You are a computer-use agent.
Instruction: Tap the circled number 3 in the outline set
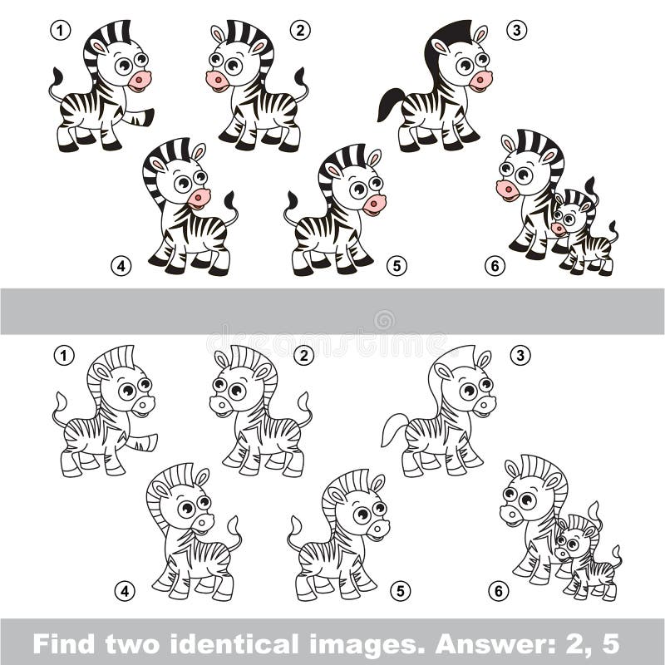[x=519, y=356]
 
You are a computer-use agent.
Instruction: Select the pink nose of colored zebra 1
[x=140, y=81]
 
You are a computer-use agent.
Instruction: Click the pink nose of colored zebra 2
[x=217, y=81]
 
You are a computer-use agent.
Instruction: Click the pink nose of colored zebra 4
[x=199, y=197]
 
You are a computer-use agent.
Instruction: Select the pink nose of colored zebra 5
[x=374, y=204]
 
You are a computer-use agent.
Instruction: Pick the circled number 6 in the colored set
[x=495, y=266]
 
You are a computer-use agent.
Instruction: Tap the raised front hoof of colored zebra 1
[x=147, y=116]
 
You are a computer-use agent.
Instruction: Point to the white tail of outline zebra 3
[x=392, y=428]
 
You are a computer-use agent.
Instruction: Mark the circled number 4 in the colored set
[x=122, y=266]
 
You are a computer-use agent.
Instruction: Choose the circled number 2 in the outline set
[x=303, y=356]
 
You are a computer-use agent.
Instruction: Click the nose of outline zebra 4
[x=202, y=522]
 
